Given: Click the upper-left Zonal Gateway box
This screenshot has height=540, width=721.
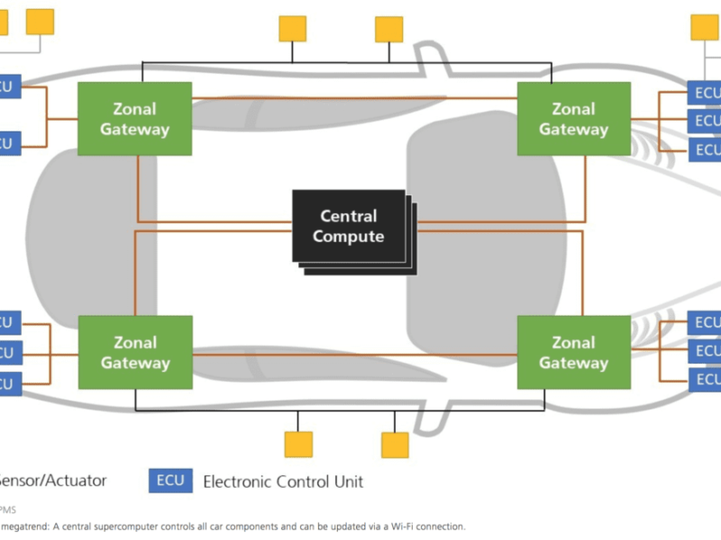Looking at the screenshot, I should (x=135, y=119).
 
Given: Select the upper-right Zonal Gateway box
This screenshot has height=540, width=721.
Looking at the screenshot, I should (x=573, y=119).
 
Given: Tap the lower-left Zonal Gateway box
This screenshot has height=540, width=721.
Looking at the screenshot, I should (x=135, y=352).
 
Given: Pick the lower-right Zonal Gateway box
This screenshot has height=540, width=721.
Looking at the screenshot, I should (x=573, y=352).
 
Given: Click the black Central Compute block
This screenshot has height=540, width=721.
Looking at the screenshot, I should (x=349, y=226).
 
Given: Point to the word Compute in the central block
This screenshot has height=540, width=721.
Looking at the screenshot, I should (x=349, y=237).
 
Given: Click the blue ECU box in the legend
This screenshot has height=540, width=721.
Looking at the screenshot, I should (x=171, y=480).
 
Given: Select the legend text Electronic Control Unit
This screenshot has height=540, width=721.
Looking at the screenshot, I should (x=283, y=481).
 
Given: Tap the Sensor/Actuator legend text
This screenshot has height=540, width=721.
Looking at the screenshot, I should (x=52, y=481).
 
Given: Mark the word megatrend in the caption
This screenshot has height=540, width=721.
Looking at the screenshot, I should (x=21, y=526).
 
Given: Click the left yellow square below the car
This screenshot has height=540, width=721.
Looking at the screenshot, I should (x=298, y=445).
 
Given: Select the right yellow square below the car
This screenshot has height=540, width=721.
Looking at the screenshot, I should (x=395, y=445).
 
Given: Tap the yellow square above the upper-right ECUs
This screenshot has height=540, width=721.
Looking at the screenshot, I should (x=705, y=28).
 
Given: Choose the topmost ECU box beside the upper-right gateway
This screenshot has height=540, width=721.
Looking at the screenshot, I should (x=705, y=92).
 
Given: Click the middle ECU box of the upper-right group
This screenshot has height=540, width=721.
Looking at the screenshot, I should (x=705, y=121).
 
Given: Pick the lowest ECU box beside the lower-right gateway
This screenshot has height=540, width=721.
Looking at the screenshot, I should (x=705, y=381).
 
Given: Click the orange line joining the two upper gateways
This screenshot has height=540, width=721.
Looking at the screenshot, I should (x=353, y=97).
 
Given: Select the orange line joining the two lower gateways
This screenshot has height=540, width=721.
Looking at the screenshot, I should (x=353, y=355).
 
